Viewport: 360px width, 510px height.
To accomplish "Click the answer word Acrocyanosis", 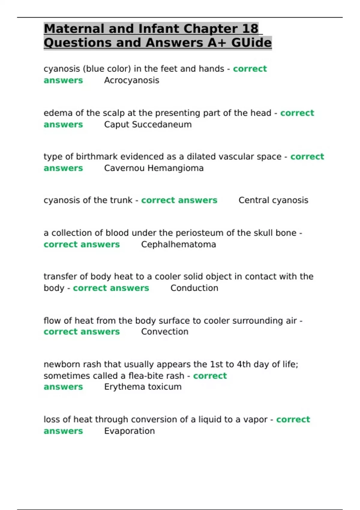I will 131,80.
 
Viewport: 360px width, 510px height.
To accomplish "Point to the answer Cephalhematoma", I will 178,244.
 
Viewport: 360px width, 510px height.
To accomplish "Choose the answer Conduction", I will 194,288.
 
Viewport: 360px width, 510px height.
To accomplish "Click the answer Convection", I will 165,332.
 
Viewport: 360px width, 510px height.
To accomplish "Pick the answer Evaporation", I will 129,431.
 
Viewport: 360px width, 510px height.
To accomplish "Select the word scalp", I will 113,113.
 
